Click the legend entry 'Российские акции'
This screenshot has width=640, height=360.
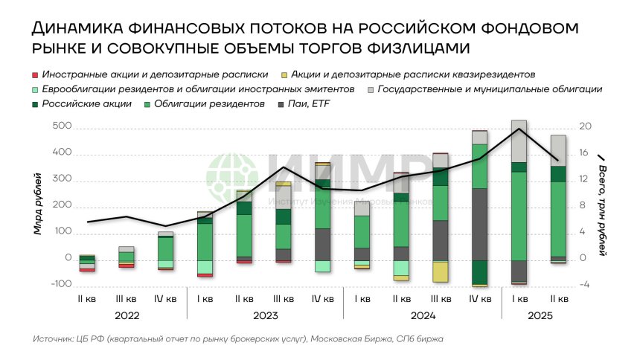tap(87, 104)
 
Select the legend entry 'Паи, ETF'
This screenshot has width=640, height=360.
tap(313, 104)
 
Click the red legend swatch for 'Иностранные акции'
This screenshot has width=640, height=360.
tap(34, 74)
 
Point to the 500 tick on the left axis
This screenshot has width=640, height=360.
tap(62, 126)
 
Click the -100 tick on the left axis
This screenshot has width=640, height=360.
tap(62, 284)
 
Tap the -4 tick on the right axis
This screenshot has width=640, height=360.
tap(586, 284)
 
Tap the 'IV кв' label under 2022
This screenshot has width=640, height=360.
tap(165, 299)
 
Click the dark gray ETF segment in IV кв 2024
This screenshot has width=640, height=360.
tap(480, 223)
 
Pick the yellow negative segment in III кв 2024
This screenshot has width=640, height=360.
tap(441, 271)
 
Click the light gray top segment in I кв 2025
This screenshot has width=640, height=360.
tap(519, 141)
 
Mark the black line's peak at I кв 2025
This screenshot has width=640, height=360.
tap(519, 129)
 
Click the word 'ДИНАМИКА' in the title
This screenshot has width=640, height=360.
tap(74, 29)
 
